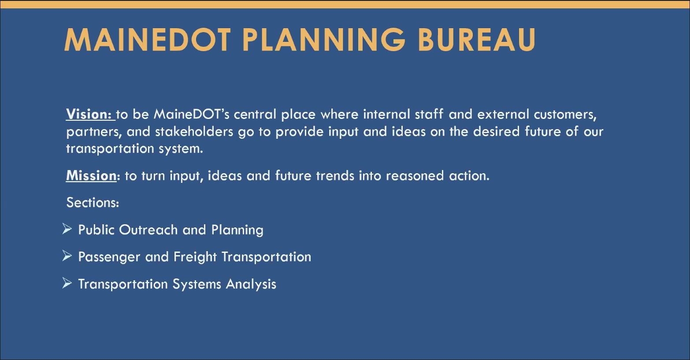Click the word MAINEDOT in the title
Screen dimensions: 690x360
(x=148, y=40)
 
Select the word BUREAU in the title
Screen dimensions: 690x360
(x=477, y=40)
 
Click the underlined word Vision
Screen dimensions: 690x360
(x=89, y=114)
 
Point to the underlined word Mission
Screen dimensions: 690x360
(x=91, y=175)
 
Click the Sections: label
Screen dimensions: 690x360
(x=93, y=202)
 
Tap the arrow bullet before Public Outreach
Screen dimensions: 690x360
(x=67, y=229)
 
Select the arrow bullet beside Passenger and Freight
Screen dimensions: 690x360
(x=67, y=256)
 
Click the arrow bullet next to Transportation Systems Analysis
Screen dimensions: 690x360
(x=67, y=283)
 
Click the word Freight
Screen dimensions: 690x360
(x=195, y=257)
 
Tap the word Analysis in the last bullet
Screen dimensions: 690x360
(x=251, y=284)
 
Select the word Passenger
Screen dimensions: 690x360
(x=109, y=257)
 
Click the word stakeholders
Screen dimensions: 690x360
(x=194, y=131)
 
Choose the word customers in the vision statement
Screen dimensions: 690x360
(x=565, y=115)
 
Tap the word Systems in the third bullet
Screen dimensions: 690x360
(x=197, y=284)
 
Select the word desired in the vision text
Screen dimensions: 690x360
(x=497, y=131)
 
